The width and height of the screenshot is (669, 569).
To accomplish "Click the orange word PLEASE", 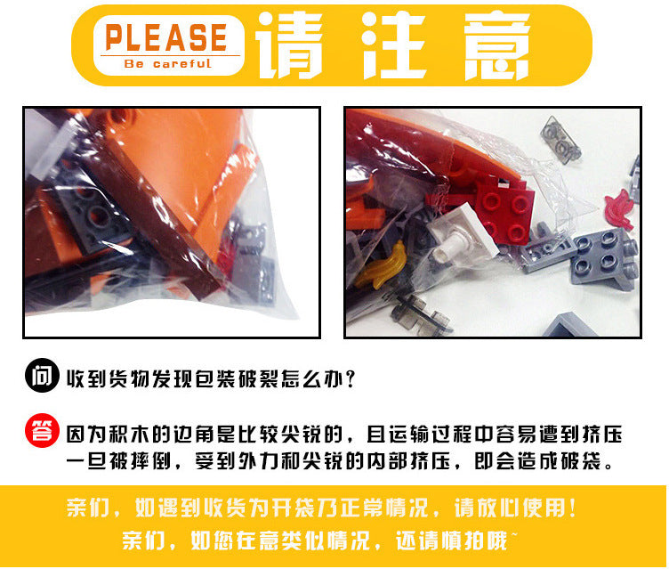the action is (166, 37).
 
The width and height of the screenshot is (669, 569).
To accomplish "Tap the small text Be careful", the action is (167, 63).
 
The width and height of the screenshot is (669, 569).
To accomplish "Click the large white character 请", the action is (289, 45).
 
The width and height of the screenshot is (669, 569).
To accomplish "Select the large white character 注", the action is (394, 45).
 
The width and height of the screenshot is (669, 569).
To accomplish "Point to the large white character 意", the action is (496, 45).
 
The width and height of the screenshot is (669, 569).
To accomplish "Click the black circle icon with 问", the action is (42, 376).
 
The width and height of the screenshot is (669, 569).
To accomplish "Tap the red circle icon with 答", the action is (42, 431).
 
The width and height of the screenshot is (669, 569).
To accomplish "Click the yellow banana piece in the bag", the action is (381, 265).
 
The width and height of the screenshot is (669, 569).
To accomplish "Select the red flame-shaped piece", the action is (618, 209).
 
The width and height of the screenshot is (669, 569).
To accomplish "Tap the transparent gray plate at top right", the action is (560, 139).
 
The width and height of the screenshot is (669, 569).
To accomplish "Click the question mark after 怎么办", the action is (351, 379).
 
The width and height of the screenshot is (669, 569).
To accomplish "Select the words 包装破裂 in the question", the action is (238, 379).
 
